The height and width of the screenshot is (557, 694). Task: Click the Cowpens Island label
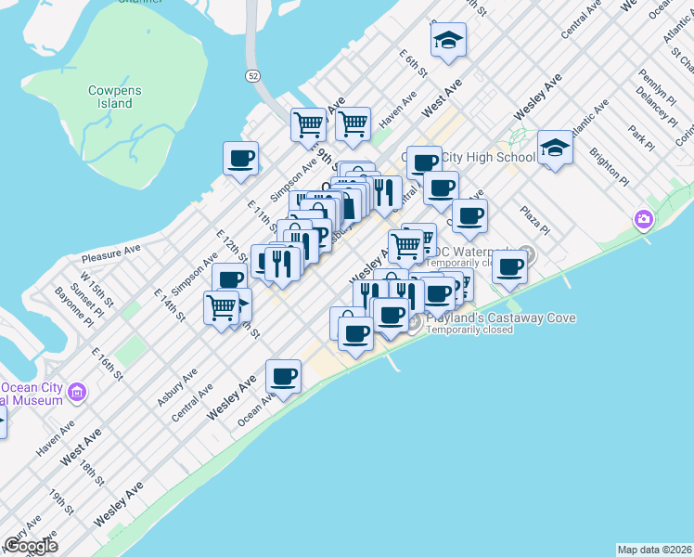[x=110, y=97]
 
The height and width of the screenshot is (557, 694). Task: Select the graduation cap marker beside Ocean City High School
[x=555, y=148]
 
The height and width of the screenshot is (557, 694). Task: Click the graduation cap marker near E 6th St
[x=448, y=41]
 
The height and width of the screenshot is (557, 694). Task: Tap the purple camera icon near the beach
[x=642, y=220]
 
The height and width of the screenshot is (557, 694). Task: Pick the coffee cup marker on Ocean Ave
[x=284, y=376]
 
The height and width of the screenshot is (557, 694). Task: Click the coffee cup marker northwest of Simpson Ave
[x=241, y=157]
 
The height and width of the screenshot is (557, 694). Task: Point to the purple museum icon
[x=77, y=392]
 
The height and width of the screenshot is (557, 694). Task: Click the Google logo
[x=31, y=547]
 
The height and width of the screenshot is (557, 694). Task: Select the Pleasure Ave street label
[x=110, y=250]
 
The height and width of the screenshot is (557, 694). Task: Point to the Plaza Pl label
[x=535, y=220]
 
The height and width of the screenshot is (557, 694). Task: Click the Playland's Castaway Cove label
[x=500, y=318]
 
